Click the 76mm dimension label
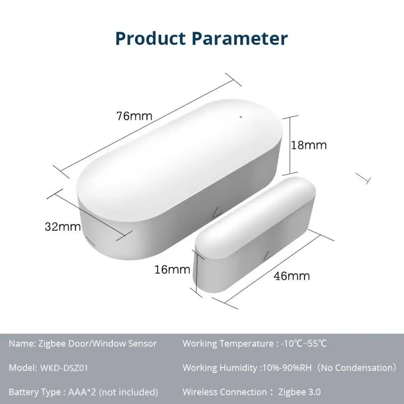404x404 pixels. pyautogui.click(x=134, y=116)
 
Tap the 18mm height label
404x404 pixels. pyautogui.click(x=309, y=145)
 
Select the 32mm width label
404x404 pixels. pyautogui.click(x=63, y=227)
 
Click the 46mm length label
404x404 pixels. pyautogui.click(x=292, y=276)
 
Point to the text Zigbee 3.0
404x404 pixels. pyautogui.click(x=299, y=391)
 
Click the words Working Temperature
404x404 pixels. pyautogui.click(x=228, y=344)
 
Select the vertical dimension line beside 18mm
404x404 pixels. pyautogui.click(x=290, y=145)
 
